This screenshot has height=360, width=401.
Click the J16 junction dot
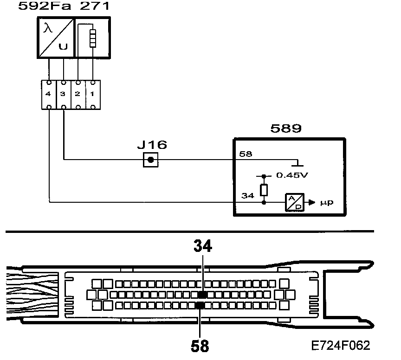pos(150,161)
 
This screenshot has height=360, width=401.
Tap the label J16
pos(152,145)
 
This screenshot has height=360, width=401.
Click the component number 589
pos(286,128)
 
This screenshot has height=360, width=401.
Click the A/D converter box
pos(295,202)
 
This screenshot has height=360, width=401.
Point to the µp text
pos(327,203)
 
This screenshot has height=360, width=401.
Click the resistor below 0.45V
pos(264,190)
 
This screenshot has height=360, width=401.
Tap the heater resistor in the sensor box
pos(93,39)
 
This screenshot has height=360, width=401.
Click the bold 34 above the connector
pos(202,246)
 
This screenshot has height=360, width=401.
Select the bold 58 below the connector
pos(200,346)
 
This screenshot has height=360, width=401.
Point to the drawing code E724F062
pos(341,346)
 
